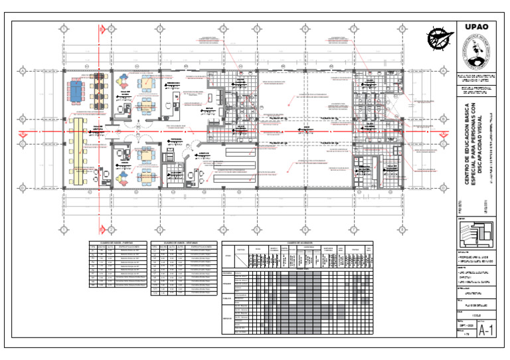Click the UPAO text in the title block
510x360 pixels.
pos(477,27)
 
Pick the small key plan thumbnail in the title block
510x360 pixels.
pos(477,234)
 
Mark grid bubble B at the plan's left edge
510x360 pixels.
pos(22,119)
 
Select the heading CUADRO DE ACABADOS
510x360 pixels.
pos(299,242)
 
